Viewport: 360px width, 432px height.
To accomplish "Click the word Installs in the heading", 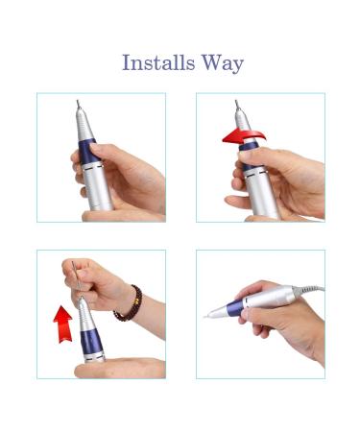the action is tap(158, 62).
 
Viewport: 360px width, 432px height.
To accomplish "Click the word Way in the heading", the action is tap(223, 63).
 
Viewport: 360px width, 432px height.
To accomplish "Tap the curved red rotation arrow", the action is tap(243, 136).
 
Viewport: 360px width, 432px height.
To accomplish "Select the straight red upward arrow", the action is tap(63, 324).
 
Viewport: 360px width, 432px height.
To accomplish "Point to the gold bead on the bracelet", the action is tap(136, 301).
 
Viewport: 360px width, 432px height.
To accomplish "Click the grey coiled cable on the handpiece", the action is tap(309, 290).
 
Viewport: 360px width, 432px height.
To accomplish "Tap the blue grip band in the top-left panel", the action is tap(87, 153).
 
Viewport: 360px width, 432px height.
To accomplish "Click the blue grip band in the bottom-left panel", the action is tap(92, 342).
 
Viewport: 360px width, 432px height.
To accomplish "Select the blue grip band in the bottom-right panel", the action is tap(234, 308).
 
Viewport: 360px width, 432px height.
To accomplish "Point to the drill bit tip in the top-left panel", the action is tap(78, 104).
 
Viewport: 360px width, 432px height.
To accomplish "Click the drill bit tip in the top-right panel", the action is tap(237, 105).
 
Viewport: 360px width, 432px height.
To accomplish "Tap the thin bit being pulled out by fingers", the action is tap(76, 278).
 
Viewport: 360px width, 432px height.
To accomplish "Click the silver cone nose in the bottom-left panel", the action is tap(84, 315).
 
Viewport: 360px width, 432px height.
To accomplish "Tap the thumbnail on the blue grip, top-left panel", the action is tap(95, 147).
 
